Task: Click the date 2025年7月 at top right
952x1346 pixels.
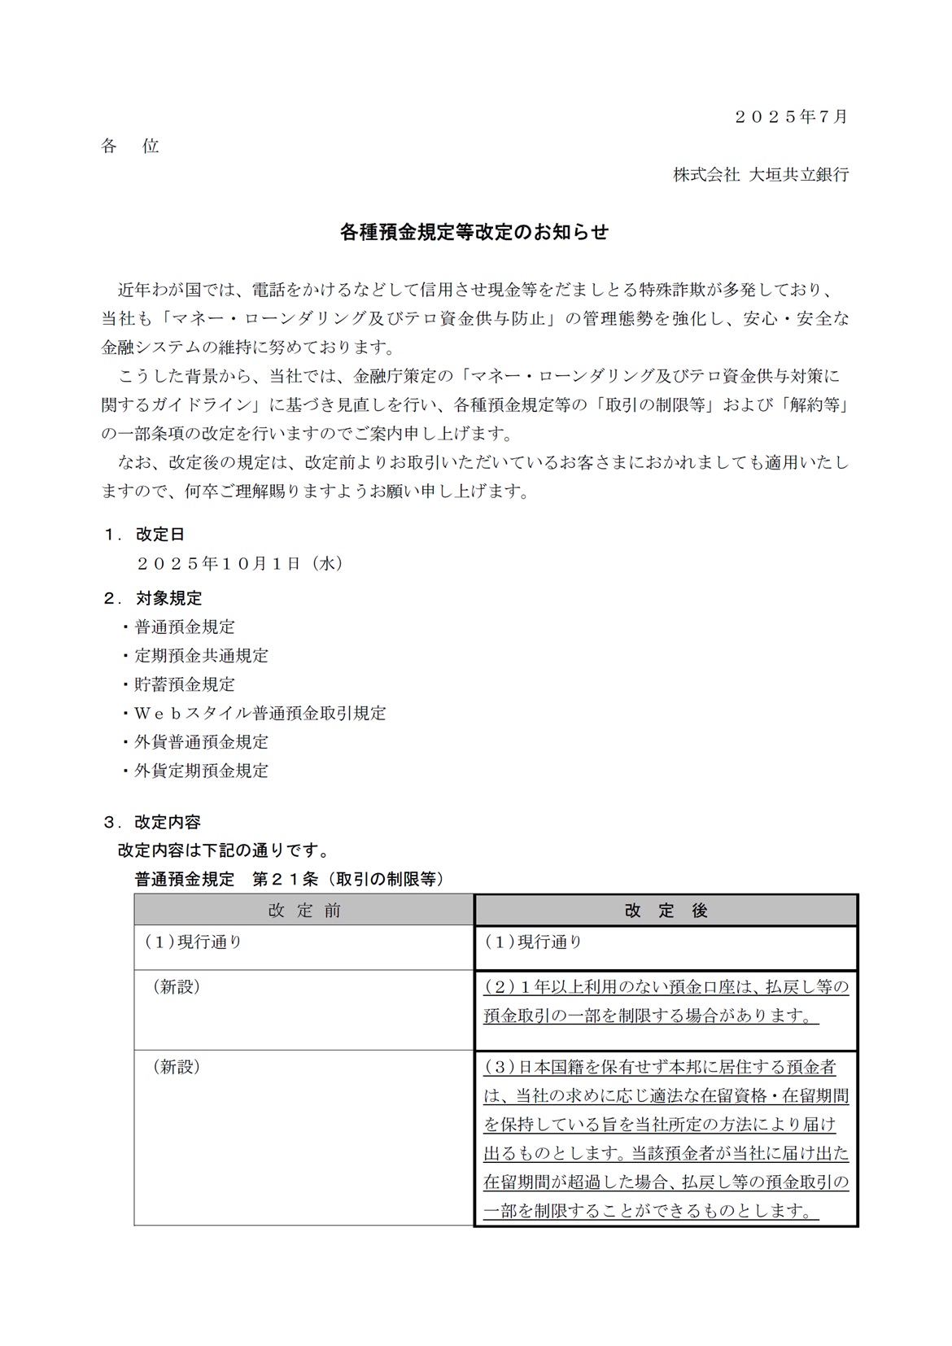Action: [x=790, y=116]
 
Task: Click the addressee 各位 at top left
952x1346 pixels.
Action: [x=130, y=146]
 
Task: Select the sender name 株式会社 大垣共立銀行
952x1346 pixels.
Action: [x=760, y=174]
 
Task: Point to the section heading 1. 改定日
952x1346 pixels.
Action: [x=144, y=535]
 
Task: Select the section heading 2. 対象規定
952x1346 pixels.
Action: [x=153, y=598]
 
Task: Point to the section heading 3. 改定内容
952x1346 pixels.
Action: [x=152, y=822]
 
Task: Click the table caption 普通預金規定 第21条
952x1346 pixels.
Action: [x=289, y=879]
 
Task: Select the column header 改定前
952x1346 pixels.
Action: [x=304, y=911]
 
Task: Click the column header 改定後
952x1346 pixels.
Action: [x=666, y=911]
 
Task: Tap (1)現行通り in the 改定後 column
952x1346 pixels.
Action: [x=533, y=942]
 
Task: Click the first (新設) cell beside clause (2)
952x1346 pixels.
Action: [x=177, y=987]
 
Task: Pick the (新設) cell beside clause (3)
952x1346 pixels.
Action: [x=177, y=1067]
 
